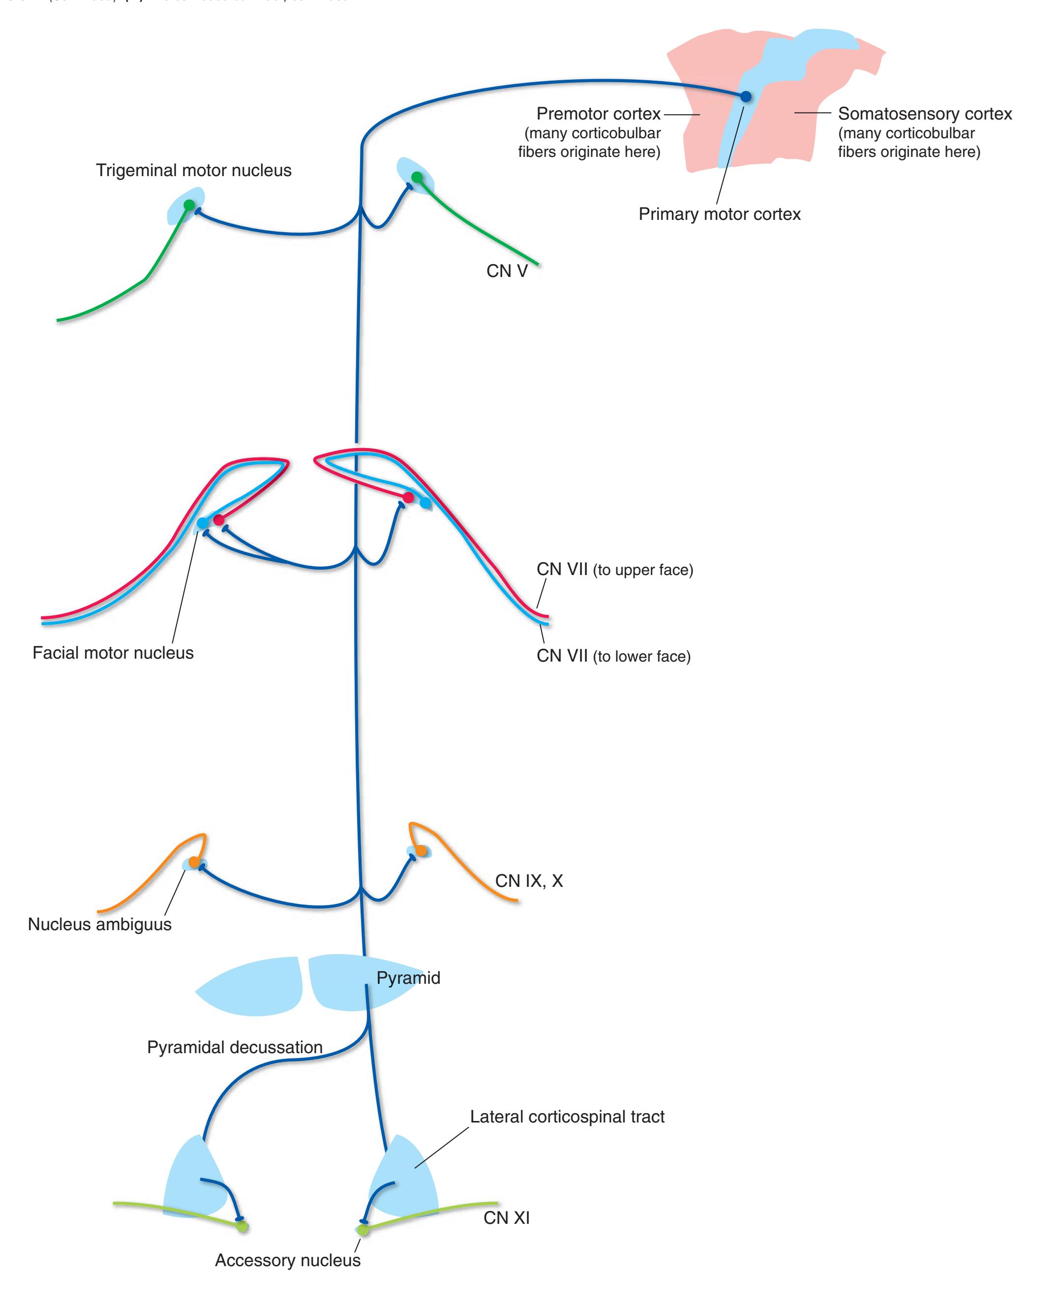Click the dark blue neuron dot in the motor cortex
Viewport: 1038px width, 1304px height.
(745, 96)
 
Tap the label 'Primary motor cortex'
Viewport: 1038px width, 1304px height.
(719, 214)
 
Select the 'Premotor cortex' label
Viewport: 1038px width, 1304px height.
(598, 114)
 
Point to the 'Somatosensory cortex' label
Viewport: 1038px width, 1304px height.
(924, 114)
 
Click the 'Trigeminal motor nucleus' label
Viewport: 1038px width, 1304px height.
(193, 171)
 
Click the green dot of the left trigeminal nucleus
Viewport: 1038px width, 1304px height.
(189, 205)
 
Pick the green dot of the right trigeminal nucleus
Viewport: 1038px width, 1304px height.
(417, 177)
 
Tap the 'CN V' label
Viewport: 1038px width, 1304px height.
(507, 271)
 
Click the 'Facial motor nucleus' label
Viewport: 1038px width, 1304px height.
(113, 653)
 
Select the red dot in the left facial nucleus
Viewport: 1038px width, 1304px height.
(219, 519)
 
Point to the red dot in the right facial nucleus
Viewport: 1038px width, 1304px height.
(408, 497)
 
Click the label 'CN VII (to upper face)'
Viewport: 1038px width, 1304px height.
(614, 570)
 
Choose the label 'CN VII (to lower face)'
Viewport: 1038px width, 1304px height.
(613, 656)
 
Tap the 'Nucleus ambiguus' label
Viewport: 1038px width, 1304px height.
(100, 924)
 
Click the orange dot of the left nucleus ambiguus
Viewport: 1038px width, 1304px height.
(193, 862)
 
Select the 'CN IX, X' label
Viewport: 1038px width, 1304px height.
(529, 880)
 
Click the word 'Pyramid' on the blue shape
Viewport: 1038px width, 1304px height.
(408, 978)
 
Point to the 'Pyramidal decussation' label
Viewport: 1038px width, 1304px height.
(235, 1047)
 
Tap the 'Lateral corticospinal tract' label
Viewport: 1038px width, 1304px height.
(567, 1117)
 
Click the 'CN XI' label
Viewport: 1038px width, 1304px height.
(506, 1217)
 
